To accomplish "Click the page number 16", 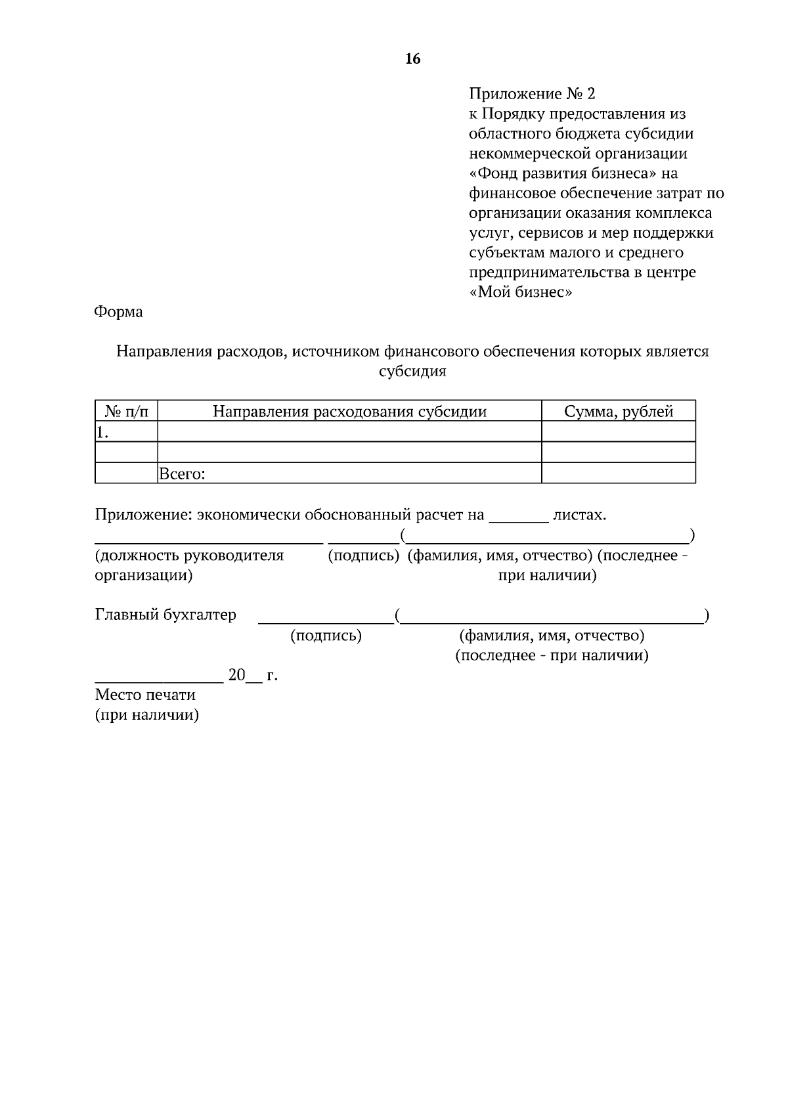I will [412, 59].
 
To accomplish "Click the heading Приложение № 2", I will [532, 94].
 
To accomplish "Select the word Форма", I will [119, 312].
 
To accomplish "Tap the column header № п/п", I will [126, 412].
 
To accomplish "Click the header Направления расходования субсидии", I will [349, 412].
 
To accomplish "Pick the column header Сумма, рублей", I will [618, 412].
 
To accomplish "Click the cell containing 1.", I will [126, 432].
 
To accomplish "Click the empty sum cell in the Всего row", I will [618, 473].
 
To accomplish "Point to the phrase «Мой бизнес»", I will [521, 292].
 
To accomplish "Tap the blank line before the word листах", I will [519, 516].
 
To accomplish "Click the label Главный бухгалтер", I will [165, 615].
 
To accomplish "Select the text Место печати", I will [145, 695].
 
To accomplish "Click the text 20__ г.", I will [252, 675].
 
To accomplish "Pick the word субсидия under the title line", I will [412, 372].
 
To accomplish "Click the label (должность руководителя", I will [189, 556].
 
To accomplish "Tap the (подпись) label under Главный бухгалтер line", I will [326, 636].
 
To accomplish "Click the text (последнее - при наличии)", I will [552, 655].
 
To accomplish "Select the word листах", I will [579, 515].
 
